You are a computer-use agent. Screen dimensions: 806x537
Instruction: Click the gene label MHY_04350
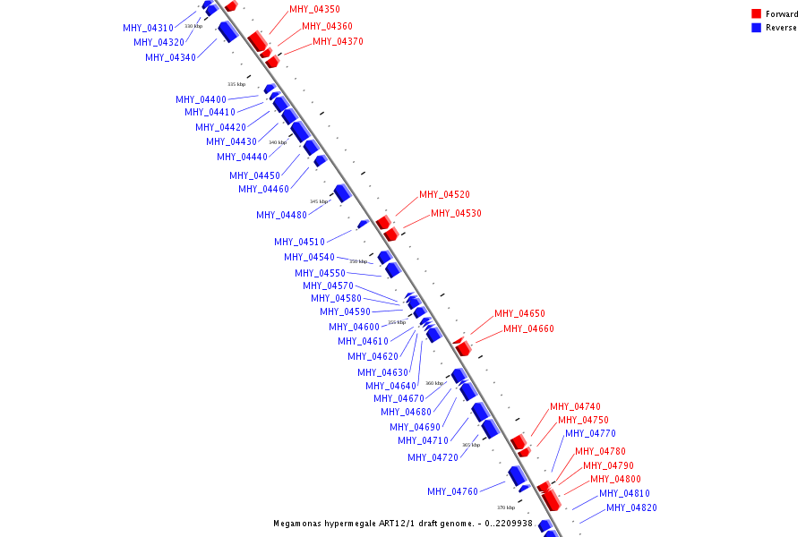[314, 9]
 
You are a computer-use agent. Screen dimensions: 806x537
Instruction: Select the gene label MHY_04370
[338, 41]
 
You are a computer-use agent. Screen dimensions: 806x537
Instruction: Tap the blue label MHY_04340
[170, 58]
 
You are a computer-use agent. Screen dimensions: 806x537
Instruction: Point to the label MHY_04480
[281, 215]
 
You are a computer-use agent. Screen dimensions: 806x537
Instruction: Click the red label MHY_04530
[456, 213]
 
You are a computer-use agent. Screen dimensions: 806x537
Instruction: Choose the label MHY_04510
[299, 242]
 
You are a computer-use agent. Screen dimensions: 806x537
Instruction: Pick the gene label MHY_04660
[528, 329]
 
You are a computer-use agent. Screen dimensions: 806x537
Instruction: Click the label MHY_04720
[433, 457]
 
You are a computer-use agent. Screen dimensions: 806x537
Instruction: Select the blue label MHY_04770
[589, 434]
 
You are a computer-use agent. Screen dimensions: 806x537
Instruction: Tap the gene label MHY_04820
[631, 508]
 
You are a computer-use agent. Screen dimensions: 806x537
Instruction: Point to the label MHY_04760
[452, 491]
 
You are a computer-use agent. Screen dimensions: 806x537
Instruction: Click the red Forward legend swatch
[757, 14]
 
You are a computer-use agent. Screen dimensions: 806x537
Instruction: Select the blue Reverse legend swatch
[757, 28]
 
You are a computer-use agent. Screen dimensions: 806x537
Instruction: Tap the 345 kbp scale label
[319, 201]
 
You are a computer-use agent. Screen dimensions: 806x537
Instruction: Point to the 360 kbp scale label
[434, 383]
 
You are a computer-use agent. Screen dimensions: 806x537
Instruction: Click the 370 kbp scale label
[506, 507]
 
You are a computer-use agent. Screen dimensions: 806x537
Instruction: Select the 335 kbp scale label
[236, 84]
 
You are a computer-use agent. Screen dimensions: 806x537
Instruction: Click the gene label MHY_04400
[201, 100]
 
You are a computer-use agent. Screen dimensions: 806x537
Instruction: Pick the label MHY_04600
[354, 328]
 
